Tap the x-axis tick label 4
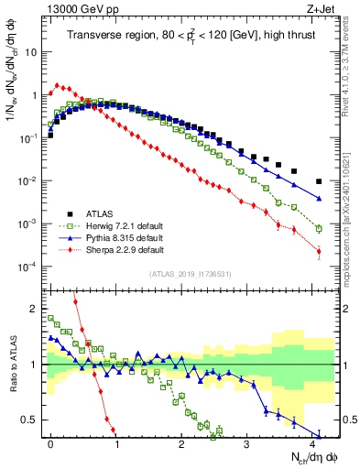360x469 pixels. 312,442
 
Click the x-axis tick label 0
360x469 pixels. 50,442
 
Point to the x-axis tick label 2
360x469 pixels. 181,442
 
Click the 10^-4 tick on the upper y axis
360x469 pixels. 27,267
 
